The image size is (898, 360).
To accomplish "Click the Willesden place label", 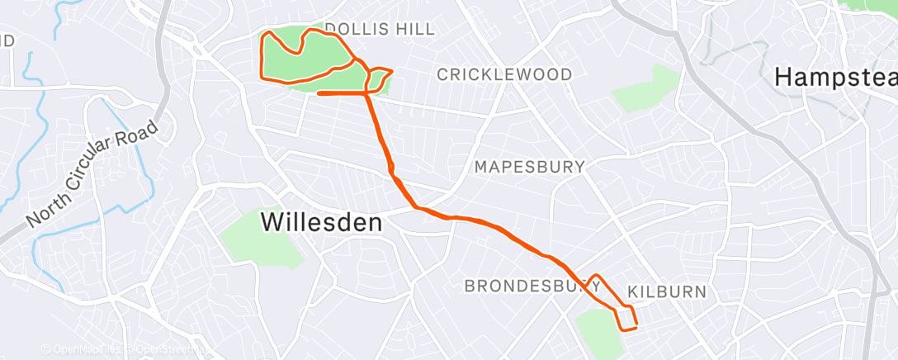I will coord(322,222).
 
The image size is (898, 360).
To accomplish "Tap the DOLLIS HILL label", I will coord(379,30).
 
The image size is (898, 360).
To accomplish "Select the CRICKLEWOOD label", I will coord(504,75).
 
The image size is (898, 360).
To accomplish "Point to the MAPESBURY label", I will coord(529,167).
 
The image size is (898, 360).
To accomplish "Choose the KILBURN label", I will coord(667,292).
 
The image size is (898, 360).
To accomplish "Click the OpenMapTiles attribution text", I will coord(80,350).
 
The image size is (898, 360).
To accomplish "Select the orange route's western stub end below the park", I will coord(319,94).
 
